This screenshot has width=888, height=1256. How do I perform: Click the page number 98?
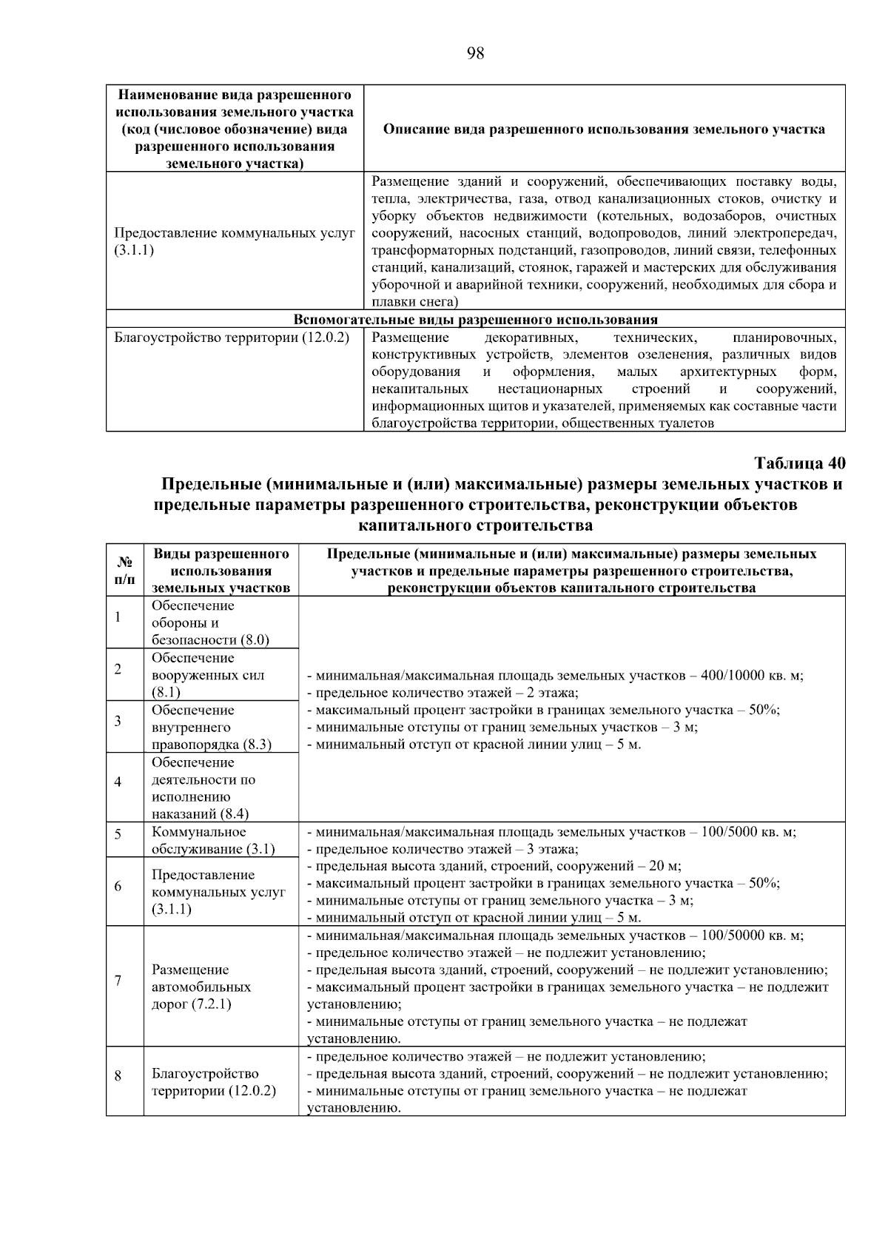tap(475, 53)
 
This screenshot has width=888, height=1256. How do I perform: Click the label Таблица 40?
tap(798, 463)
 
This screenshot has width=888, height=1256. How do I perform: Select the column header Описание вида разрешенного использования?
tap(604, 129)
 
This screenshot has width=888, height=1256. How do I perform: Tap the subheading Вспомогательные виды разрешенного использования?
tap(475, 320)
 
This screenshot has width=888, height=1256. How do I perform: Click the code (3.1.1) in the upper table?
tap(134, 250)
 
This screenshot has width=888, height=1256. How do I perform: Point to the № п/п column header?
tap(124, 571)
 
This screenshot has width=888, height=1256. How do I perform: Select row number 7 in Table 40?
tap(118, 981)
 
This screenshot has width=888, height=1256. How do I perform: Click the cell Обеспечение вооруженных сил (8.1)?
tap(208, 675)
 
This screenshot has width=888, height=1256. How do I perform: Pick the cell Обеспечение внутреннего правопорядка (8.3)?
tap(212, 727)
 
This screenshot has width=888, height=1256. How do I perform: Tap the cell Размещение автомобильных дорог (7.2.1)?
tap(201, 987)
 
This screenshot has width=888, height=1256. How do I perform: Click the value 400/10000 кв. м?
tap(750, 675)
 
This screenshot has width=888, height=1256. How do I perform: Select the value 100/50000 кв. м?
tap(750, 936)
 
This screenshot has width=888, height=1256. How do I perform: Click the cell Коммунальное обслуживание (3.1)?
tap(213, 840)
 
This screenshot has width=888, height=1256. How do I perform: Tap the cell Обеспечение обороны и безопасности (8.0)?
tap(210, 622)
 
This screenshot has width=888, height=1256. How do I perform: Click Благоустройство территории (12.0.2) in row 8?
tap(213, 1082)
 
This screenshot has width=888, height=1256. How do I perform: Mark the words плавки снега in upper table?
tap(414, 302)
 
